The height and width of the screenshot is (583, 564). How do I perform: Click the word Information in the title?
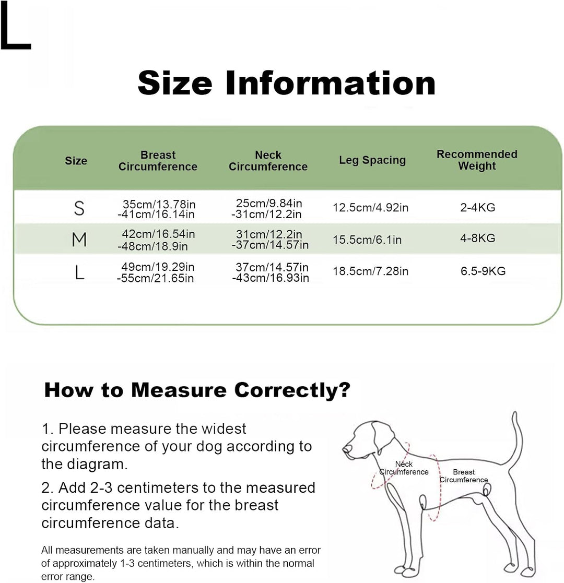click(331, 83)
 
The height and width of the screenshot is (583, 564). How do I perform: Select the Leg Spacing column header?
click(372, 160)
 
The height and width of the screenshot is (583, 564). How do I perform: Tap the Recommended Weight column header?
click(477, 160)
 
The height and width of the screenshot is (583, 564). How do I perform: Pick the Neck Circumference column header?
click(268, 161)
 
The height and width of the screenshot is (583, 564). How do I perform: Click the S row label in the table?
click(79, 208)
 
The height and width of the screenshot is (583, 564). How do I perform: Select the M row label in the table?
click(79, 240)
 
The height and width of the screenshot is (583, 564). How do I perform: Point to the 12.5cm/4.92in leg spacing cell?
click(371, 208)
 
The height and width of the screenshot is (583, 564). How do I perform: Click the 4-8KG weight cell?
click(478, 238)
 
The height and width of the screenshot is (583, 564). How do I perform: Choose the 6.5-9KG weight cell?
click(483, 271)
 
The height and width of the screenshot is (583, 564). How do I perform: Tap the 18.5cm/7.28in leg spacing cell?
click(371, 271)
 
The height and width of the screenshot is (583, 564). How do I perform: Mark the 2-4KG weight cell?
click(478, 208)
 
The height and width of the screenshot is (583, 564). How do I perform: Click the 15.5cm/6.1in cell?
click(367, 240)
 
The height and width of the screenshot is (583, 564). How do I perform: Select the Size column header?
click(76, 161)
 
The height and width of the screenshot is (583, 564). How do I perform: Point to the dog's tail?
click(516, 439)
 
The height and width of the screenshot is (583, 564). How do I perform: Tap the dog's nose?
click(346, 449)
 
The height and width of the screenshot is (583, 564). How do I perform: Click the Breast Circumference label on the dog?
click(464, 476)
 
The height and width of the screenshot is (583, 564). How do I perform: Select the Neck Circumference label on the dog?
click(404, 468)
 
